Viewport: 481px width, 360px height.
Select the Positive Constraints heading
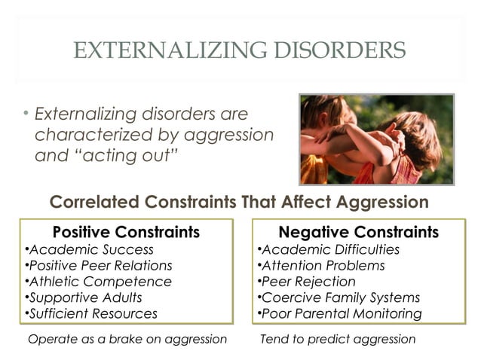[126, 231]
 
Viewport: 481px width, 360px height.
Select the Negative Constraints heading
[358, 231]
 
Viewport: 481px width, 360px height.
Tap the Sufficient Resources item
[92, 313]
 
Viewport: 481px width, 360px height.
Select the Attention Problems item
[322, 266]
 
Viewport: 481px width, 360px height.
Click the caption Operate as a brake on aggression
[127, 339]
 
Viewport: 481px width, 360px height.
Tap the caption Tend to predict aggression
[337, 339]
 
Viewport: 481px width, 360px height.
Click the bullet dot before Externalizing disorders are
[26, 114]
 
